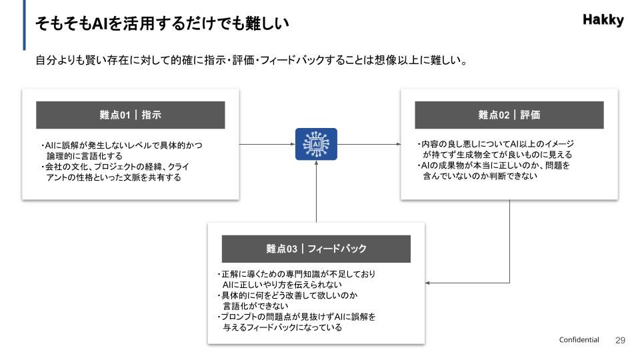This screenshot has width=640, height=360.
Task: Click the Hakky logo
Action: point(603,20)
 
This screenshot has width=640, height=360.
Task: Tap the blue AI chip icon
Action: point(316,144)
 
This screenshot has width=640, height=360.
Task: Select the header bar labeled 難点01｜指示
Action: point(131,115)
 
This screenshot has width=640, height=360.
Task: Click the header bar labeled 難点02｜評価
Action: point(509,115)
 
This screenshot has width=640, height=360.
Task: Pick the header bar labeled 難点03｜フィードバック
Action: point(316,249)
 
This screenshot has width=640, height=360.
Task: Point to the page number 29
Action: point(620,340)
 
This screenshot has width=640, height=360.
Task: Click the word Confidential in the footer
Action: point(579,340)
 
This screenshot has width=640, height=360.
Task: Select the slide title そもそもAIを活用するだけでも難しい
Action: point(162,23)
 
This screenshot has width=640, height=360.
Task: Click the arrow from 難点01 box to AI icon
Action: point(267,144)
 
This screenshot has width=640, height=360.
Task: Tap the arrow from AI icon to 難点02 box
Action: point(368,144)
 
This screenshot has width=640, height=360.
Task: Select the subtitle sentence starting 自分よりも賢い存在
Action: point(250,61)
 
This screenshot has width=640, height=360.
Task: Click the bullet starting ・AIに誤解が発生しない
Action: point(122,150)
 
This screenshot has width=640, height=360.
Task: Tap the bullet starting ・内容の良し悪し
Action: point(496,149)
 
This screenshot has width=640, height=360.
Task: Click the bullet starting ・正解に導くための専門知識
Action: point(296,279)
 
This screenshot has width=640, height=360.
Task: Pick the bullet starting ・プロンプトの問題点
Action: point(297,322)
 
